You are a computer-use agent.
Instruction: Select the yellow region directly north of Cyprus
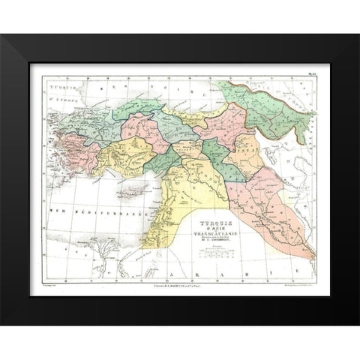tap(127, 153)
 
